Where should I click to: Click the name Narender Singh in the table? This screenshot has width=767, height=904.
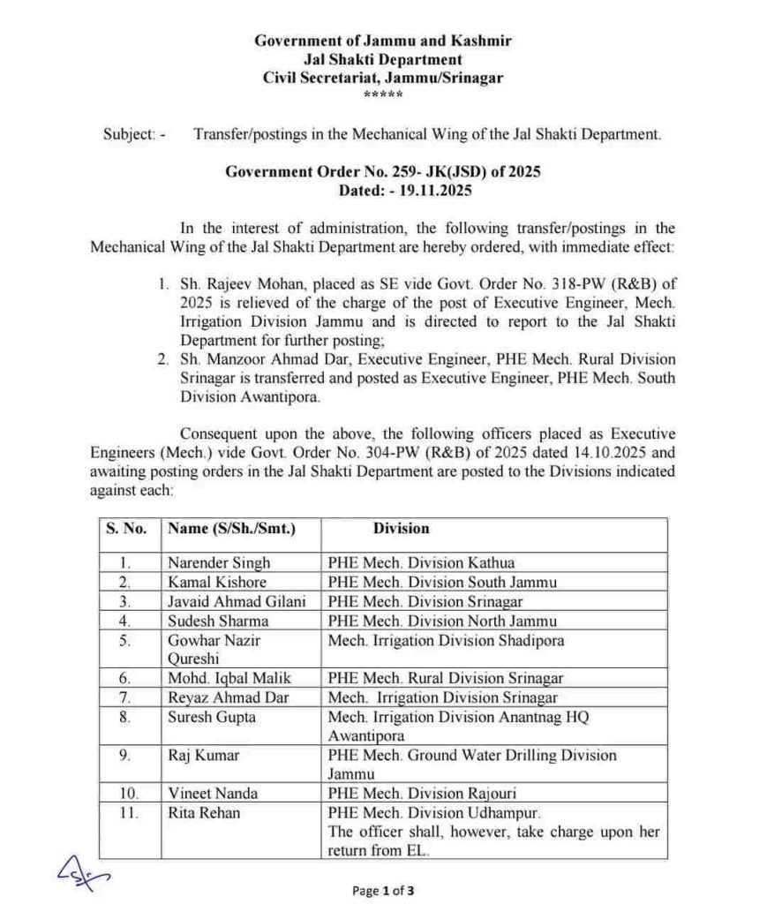[x=219, y=562]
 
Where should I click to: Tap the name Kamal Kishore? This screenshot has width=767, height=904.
[x=217, y=582]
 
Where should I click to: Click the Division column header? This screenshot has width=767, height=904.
[x=401, y=529]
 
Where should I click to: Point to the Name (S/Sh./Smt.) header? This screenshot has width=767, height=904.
[x=231, y=529]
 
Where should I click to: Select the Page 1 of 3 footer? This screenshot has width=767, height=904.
[x=383, y=890]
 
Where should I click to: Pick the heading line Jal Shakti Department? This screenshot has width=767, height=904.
[x=383, y=59]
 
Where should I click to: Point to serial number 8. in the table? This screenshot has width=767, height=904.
[x=127, y=717]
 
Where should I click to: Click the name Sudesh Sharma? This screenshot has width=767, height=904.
[x=218, y=621]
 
